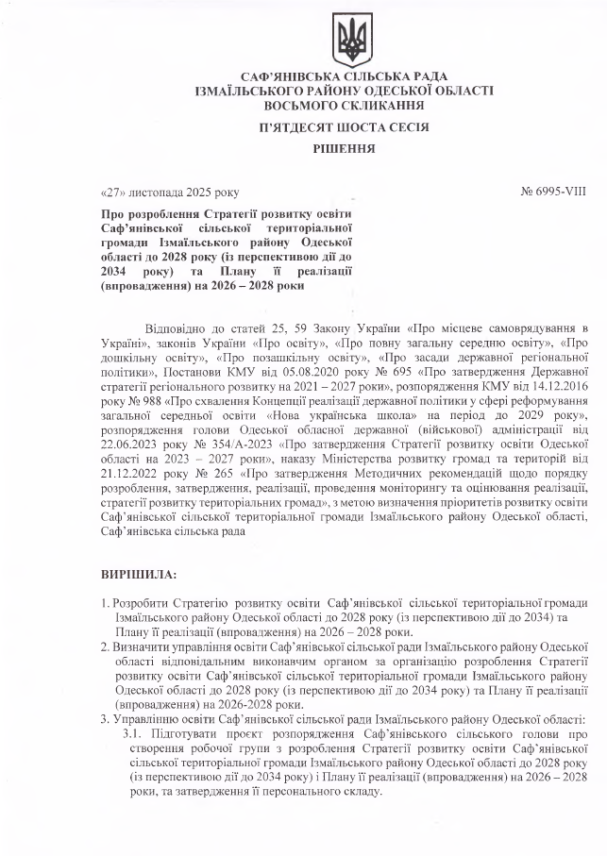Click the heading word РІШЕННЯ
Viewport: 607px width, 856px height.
[345, 148]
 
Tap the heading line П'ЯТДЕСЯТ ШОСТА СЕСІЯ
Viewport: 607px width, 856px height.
[345, 126]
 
